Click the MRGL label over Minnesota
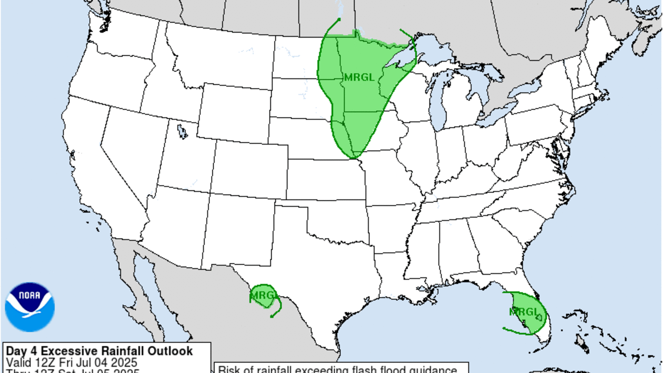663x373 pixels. [359, 77]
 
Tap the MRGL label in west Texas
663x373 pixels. [263, 294]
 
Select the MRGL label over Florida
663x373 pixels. [523, 312]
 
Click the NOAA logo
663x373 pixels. [30, 307]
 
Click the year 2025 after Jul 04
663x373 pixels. [124, 362]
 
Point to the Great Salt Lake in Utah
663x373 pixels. [182, 132]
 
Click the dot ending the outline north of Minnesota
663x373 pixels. [339, 19]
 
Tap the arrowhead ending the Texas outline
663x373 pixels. [272, 316]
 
